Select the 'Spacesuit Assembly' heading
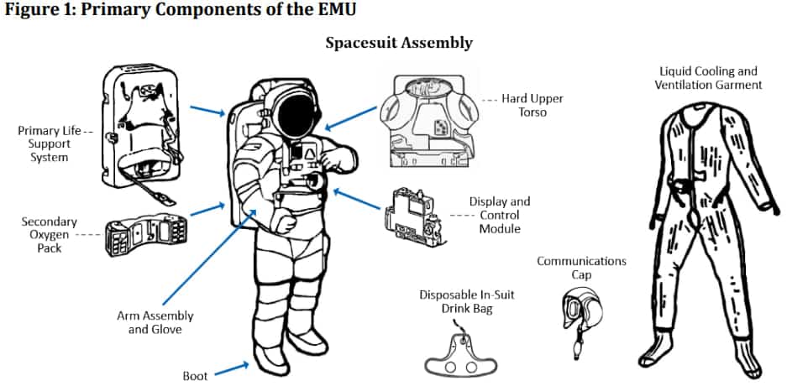(x=399, y=42)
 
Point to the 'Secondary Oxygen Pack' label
(x=49, y=235)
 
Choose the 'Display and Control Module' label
(x=500, y=216)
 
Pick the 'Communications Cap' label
(x=581, y=268)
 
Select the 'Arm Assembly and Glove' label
(x=155, y=322)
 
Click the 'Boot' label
(x=195, y=375)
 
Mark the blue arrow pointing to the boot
(x=234, y=368)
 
